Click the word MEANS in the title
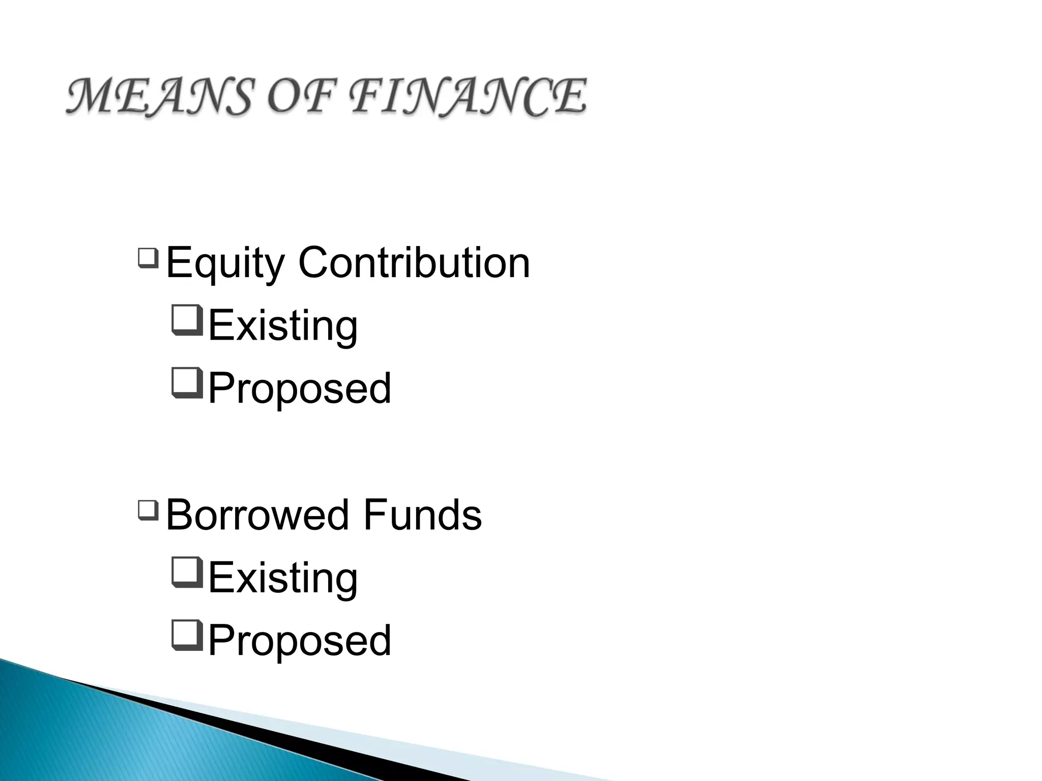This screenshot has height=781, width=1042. [158, 97]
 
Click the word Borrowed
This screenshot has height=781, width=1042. [257, 515]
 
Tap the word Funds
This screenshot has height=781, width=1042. [422, 515]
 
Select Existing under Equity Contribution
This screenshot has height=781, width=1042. [283, 325]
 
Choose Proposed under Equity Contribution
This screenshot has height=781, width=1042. [300, 388]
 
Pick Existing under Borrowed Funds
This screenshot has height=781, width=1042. [283, 578]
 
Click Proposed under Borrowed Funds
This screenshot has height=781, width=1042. [300, 641]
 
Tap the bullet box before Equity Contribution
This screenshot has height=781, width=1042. [148, 258]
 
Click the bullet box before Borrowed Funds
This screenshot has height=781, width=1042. [148, 510]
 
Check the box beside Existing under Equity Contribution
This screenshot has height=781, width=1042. [188, 320]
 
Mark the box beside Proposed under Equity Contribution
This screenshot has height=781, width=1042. [188, 383]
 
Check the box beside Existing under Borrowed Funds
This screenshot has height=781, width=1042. [188, 572]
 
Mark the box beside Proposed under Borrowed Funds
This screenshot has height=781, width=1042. [188, 635]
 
